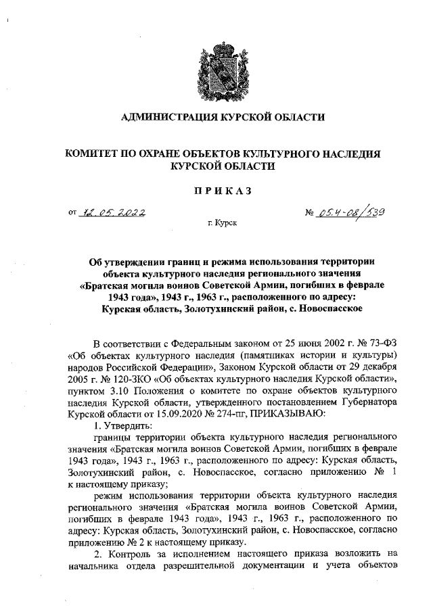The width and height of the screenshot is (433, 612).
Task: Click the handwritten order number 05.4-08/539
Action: pos(351,213)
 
